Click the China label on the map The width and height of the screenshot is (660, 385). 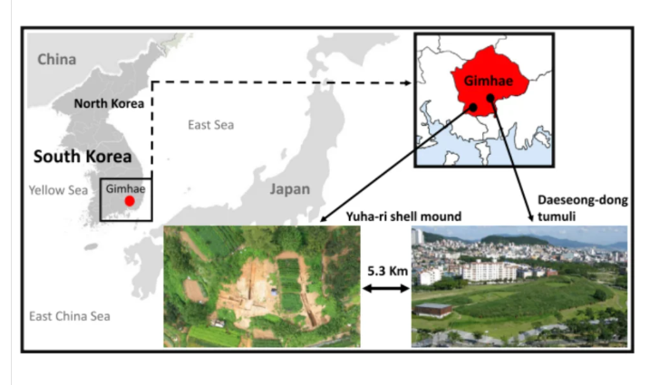(x=57, y=60)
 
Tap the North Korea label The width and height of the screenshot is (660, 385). (x=109, y=102)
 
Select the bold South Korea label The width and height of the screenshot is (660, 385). (x=76, y=156)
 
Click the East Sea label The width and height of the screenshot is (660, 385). (x=210, y=124)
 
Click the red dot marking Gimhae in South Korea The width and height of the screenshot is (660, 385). (x=130, y=201)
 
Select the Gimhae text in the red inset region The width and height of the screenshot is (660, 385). (x=482, y=81)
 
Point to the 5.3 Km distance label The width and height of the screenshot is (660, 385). (x=385, y=270)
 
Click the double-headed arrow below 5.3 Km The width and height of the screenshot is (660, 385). (x=385, y=289)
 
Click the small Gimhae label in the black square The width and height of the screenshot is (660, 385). (x=125, y=188)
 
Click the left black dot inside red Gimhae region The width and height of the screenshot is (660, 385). (x=471, y=107)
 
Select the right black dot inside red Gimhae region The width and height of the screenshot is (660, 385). (x=490, y=97)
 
